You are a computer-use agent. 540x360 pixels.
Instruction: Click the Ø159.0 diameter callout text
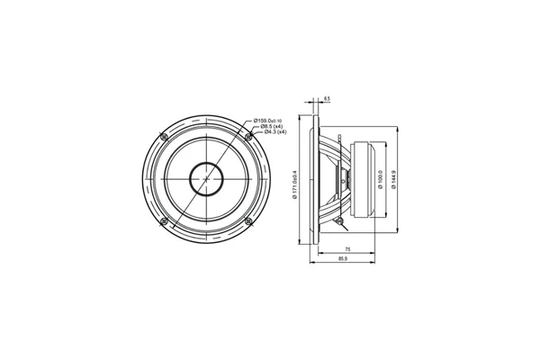tap(269, 121)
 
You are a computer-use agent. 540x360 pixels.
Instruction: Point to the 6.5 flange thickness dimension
tap(326, 99)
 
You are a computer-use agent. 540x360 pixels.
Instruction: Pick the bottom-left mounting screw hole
tap(163, 221)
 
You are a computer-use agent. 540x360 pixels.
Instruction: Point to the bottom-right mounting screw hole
tap(247, 221)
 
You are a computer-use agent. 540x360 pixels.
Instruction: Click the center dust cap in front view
tap(205, 179)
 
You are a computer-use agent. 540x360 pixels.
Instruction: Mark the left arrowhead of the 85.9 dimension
tap(310, 264)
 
